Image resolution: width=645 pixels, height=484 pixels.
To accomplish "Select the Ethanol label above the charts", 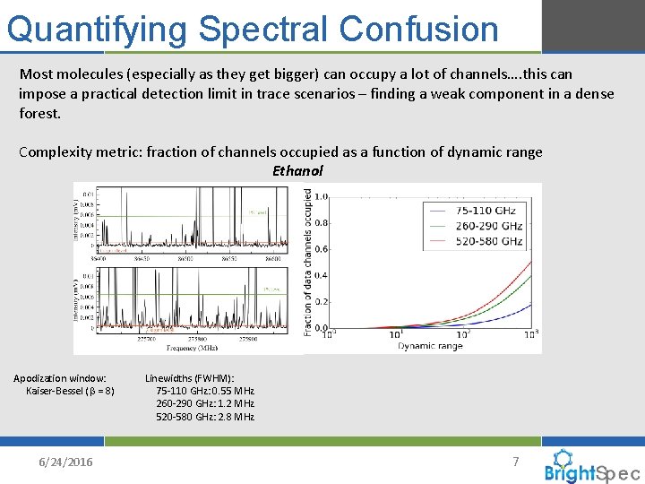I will coord(297,170).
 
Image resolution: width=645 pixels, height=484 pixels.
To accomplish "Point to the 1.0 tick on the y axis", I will coord(319,196).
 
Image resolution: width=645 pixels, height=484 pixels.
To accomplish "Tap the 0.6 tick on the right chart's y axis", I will coord(319,249).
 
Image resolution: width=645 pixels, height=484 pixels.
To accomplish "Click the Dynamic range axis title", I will coord(431,346).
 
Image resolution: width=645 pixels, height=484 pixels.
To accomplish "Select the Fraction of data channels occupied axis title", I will coord(308,262).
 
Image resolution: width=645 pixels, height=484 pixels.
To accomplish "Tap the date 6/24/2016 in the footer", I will coord(64,461).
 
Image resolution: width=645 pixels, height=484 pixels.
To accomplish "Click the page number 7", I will coord(515,461).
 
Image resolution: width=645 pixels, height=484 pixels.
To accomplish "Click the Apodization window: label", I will coord(59,378).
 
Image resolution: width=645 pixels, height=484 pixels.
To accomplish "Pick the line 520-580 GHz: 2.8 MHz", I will coord(205,416).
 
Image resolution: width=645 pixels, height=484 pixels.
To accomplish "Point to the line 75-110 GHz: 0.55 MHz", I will coord(205,391).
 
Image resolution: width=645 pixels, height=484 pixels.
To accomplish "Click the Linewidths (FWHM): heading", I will coord(189,378).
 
